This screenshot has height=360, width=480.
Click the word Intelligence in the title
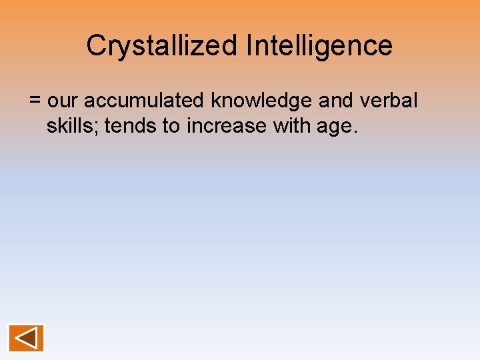pos(319,46)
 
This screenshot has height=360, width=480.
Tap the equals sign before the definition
pos(35,101)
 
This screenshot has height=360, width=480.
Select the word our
pos(64,101)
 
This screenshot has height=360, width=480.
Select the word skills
pos(69,126)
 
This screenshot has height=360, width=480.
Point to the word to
pos(171,126)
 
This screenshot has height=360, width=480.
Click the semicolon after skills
pos(96,128)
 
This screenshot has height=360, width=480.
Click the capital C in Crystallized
pos(95,46)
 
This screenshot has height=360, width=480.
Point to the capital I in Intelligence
pos(249,46)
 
